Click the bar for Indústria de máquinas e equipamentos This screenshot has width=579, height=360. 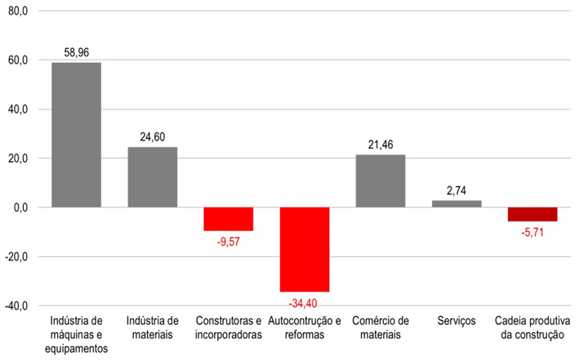pos(76,135)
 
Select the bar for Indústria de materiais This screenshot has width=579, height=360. pos(152,177)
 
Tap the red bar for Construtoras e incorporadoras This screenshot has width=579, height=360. pos(228,219)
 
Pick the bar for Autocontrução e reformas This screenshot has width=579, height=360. pos(304,249)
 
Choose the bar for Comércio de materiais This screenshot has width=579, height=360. pos(380,181)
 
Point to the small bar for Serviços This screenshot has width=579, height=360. pos(456,204)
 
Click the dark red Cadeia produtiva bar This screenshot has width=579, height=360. pos(532,214)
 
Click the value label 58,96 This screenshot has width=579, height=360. pos(77,52)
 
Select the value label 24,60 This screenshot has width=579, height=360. pos(153,137)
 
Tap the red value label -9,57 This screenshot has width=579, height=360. pos(228,241)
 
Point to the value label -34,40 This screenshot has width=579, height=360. pos(304,301)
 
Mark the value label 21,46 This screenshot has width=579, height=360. pos(381,144)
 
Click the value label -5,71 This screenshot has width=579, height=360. pos(532,231)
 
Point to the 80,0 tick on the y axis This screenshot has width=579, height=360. pos(17,11)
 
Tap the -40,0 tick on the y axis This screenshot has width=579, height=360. pos(16,305)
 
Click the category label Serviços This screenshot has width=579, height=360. pos(456,321)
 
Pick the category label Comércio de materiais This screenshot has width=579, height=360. pos(380,327)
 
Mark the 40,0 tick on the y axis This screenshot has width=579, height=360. pos(17,109)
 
